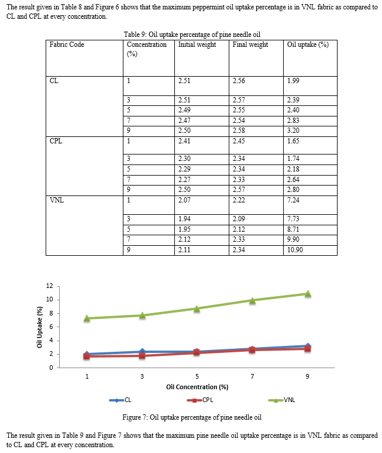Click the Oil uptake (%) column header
tap(308, 44)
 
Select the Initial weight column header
tap(197, 44)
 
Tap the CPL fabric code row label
tap(56, 140)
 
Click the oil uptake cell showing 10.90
tap(295, 249)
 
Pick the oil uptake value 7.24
tap(293, 200)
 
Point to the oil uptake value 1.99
tap(293, 81)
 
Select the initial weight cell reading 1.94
tap(184, 219)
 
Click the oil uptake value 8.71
tap(293, 229)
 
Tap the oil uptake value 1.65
tap(293, 140)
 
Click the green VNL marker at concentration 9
tap(308, 294)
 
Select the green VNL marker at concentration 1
tap(87, 318)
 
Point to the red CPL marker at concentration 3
tap(142, 356)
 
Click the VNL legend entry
tap(281, 400)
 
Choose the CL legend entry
tap(120, 400)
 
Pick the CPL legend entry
tap(200, 400)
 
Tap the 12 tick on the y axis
tap(50, 286)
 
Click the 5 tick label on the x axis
tap(197, 376)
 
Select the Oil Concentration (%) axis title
tap(197, 387)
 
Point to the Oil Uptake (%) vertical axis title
tap(40, 327)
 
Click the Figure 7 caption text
tap(192, 417)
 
